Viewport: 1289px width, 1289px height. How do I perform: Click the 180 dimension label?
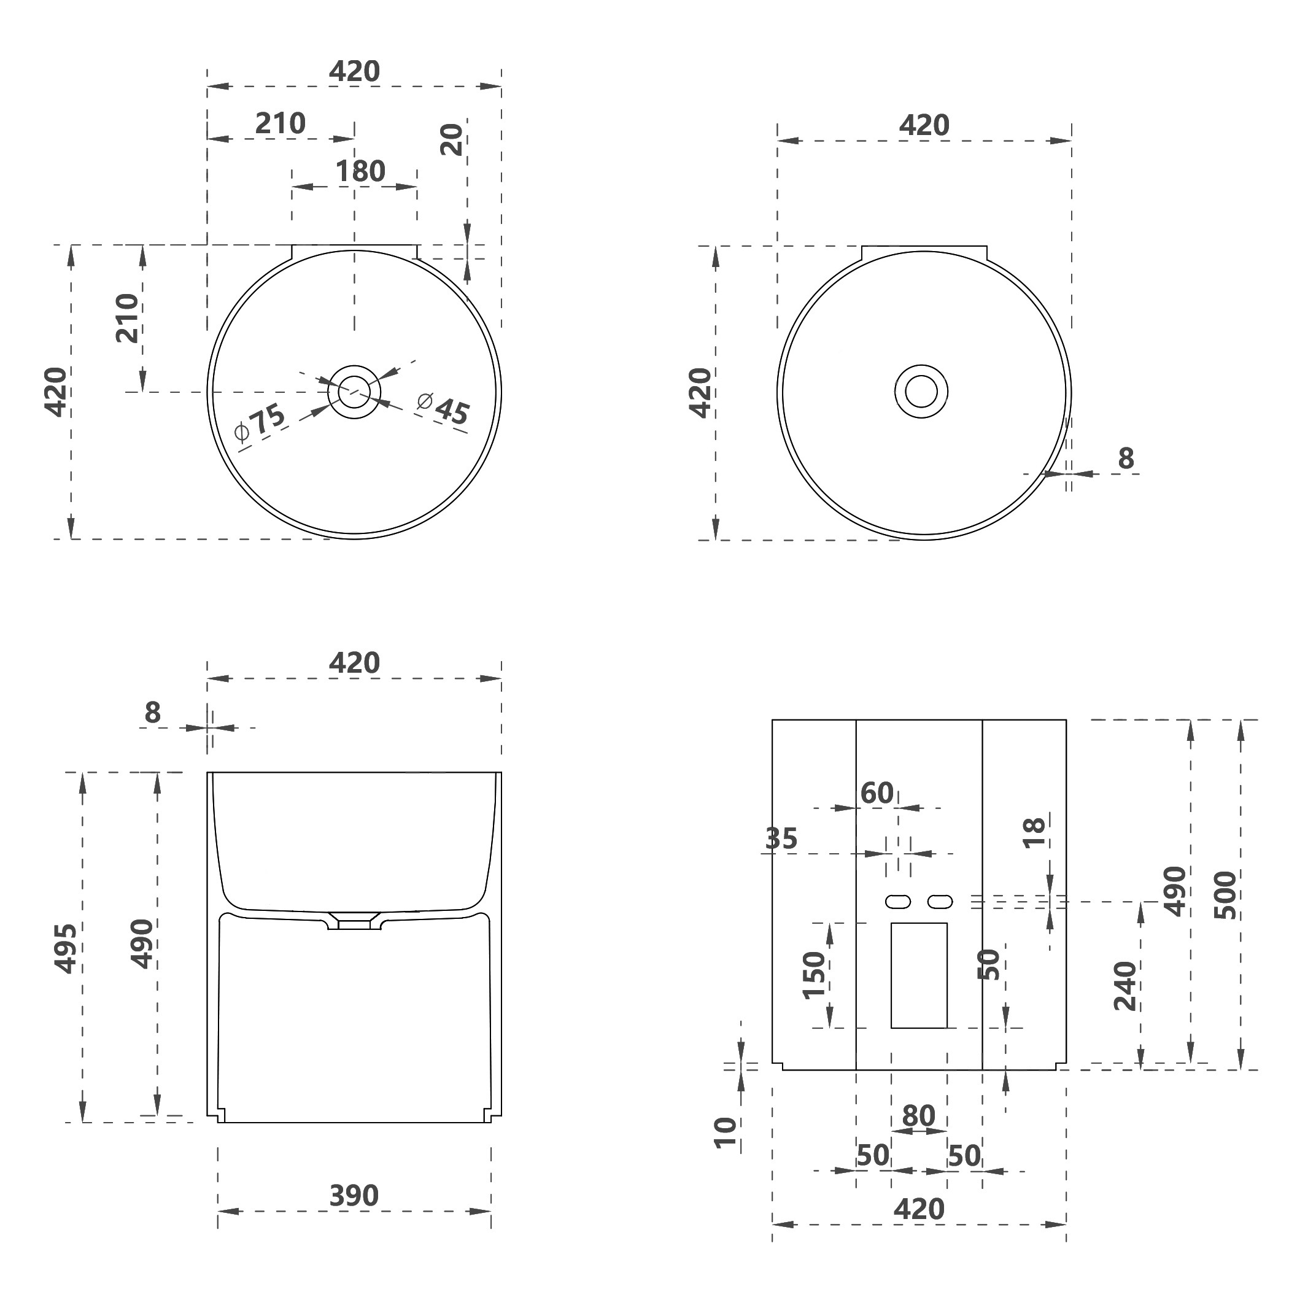coord(360,171)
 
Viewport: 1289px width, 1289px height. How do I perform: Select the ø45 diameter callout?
coord(444,408)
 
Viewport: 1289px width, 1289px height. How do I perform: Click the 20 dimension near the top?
coord(452,139)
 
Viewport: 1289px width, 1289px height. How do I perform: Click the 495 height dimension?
coord(66,948)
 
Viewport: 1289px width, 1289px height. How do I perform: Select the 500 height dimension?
coord(1225,896)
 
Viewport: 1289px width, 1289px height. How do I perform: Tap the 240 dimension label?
coord(1125,986)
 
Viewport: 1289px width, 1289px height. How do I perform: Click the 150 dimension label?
coord(814,975)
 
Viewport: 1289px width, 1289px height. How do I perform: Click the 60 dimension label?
coord(877,793)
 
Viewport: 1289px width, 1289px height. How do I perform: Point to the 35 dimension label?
coord(781,838)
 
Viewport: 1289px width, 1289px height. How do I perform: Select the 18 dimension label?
coord(1034,833)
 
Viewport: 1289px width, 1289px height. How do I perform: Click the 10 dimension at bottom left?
coord(726,1132)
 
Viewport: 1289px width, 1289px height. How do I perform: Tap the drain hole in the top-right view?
coord(921,392)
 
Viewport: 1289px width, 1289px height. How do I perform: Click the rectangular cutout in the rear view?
coord(919,975)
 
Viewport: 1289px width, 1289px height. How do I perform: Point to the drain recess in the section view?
coord(354,921)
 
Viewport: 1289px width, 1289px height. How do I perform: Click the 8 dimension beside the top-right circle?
coord(1126,459)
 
